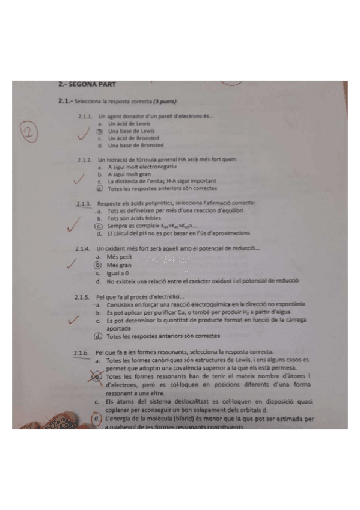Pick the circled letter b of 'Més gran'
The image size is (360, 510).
(98, 265)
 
